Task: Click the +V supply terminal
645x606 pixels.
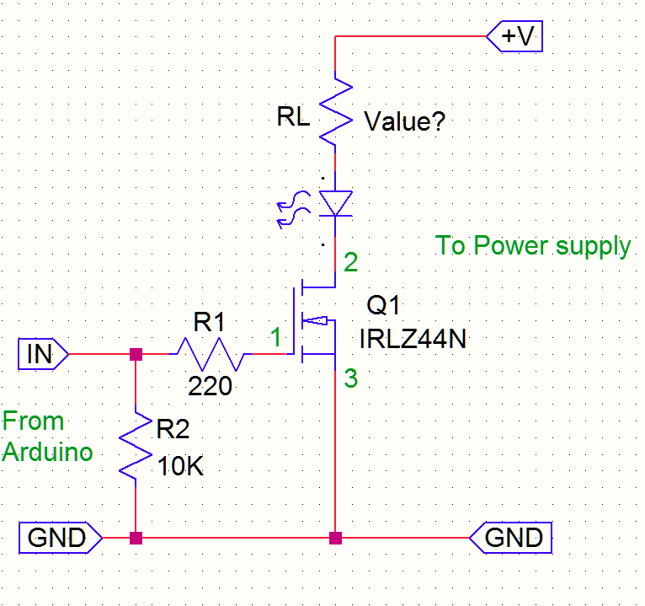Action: (x=515, y=37)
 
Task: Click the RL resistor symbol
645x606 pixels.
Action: (x=335, y=110)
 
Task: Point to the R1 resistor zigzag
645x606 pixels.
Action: (x=211, y=355)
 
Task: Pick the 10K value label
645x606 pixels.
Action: (x=181, y=466)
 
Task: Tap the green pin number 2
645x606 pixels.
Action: (x=351, y=262)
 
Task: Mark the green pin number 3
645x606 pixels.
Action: (x=351, y=379)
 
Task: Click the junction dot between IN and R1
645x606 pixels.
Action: (x=136, y=355)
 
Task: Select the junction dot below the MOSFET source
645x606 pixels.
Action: (x=335, y=537)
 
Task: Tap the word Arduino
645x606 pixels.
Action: (x=47, y=453)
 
